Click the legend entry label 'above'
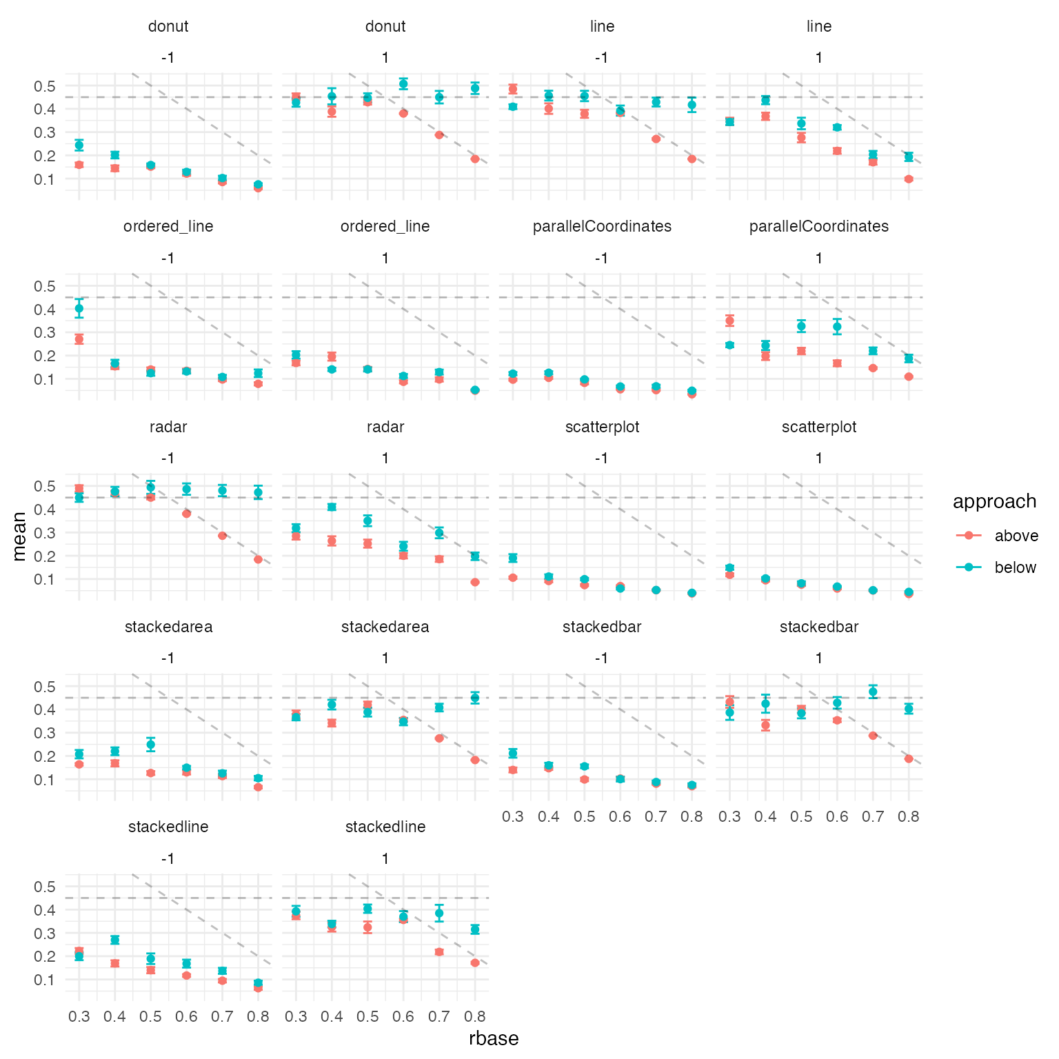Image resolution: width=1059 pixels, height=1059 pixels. coord(1016,536)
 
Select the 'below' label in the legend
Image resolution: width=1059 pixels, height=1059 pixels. coord(1015,567)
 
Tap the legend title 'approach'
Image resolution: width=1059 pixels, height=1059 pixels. coord(994,501)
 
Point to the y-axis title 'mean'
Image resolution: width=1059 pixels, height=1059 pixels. coord(19,536)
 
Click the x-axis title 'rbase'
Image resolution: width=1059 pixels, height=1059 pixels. coord(494,1038)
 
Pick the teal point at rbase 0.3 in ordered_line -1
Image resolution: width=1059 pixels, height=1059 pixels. coord(79,308)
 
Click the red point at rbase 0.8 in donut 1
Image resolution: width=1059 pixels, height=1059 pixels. coord(475,159)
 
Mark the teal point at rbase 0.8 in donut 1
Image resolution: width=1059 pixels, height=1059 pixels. coord(475,88)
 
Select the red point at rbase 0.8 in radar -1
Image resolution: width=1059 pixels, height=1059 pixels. coord(258,559)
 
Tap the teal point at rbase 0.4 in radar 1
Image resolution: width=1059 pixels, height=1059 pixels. coord(332,507)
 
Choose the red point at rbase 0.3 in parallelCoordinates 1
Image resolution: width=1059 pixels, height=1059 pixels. coord(729,321)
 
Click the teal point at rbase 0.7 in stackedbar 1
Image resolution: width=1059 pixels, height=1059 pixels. coord(873,692)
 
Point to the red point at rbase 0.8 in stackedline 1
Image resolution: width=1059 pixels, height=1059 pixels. coord(475,962)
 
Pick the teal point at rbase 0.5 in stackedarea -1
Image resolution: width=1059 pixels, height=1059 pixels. coord(151,745)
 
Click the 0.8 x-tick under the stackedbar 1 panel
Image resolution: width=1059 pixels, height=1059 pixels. coord(909,817)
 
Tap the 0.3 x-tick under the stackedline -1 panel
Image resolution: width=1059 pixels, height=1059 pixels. coord(79,1017)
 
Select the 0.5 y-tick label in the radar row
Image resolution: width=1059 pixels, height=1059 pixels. coord(46,486)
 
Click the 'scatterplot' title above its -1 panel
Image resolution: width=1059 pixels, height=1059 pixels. coord(602,427)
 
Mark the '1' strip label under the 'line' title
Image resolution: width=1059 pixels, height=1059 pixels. coord(819,58)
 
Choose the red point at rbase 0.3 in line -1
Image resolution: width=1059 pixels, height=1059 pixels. coord(513,89)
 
